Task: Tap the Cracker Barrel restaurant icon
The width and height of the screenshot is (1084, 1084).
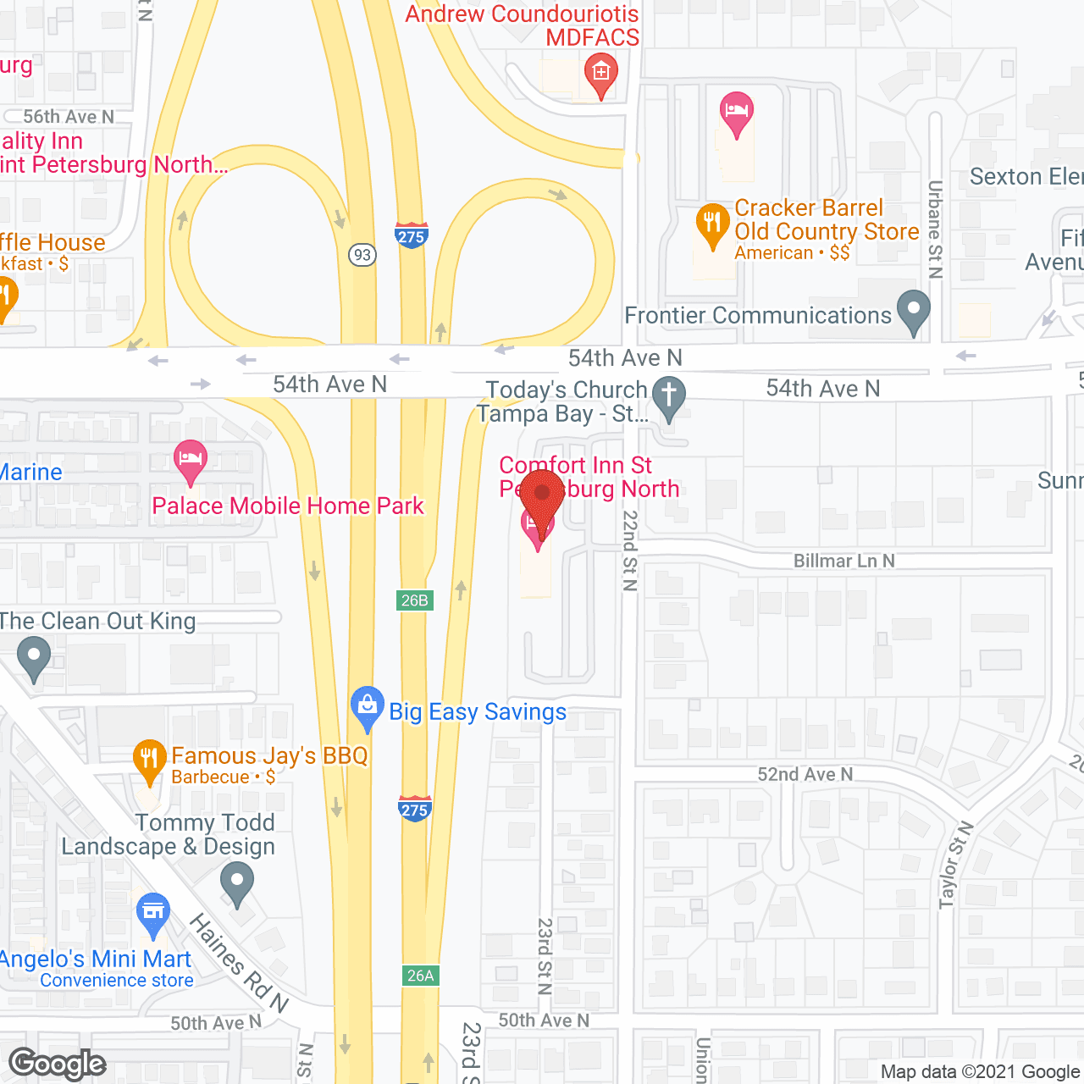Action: [x=712, y=224]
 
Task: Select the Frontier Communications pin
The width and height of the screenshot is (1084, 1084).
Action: [x=913, y=311]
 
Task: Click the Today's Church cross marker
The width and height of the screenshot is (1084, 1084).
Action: [x=669, y=396]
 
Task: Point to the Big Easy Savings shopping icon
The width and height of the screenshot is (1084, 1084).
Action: [x=367, y=706]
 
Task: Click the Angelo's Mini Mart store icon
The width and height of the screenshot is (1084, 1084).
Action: [x=152, y=914]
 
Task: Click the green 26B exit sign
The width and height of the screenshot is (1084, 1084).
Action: [x=414, y=600]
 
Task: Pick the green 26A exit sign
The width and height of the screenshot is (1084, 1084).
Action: [x=420, y=976]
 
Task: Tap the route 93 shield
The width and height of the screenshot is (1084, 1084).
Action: [x=362, y=254]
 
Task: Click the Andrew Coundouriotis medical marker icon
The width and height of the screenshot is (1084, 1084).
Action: [x=601, y=74]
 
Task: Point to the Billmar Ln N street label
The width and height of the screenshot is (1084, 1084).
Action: [x=843, y=561]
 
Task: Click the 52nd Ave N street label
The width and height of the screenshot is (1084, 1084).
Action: [x=805, y=774]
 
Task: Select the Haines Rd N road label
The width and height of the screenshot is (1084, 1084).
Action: [x=238, y=963]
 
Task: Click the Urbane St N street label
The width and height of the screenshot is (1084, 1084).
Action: [x=935, y=229]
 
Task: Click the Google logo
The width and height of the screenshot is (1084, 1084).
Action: [x=58, y=1064]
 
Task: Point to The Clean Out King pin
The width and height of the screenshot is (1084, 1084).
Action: [x=34, y=658]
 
